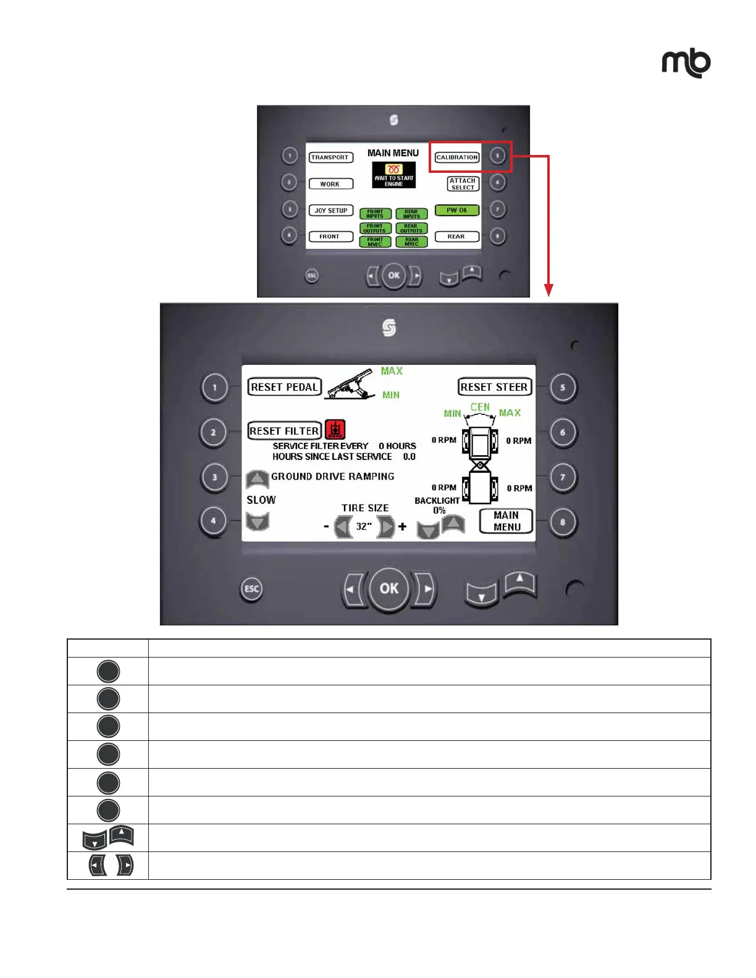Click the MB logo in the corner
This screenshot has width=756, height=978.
pyautogui.click(x=686, y=63)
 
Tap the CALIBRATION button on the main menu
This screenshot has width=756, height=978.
pyautogui.click(x=457, y=157)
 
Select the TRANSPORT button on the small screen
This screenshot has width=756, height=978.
pyautogui.click(x=330, y=157)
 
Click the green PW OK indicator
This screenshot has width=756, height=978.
pyautogui.click(x=457, y=210)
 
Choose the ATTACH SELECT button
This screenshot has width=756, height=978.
pyautogui.click(x=463, y=184)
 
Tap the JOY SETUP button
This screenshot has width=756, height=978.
pyautogui.click(x=331, y=211)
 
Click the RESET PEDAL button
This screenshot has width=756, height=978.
pyautogui.click(x=285, y=387)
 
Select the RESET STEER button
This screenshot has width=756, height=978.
pyautogui.click(x=494, y=387)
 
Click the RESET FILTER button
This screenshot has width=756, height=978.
pyautogui.click(x=285, y=431)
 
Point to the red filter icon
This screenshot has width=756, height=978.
pyautogui.click(x=335, y=429)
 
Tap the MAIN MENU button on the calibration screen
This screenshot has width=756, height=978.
pyautogui.click(x=506, y=521)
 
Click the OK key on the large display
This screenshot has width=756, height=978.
pyautogui.click(x=389, y=588)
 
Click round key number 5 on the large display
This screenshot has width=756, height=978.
pyautogui.click(x=563, y=388)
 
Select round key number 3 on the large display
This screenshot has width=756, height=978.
pyautogui.click(x=214, y=477)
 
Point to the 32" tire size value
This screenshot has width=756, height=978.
pyautogui.click(x=364, y=527)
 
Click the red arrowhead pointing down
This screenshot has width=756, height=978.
pyautogui.click(x=548, y=290)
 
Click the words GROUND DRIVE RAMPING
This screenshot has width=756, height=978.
pyautogui.click(x=332, y=477)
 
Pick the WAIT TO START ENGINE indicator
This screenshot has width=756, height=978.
pyautogui.click(x=394, y=175)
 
